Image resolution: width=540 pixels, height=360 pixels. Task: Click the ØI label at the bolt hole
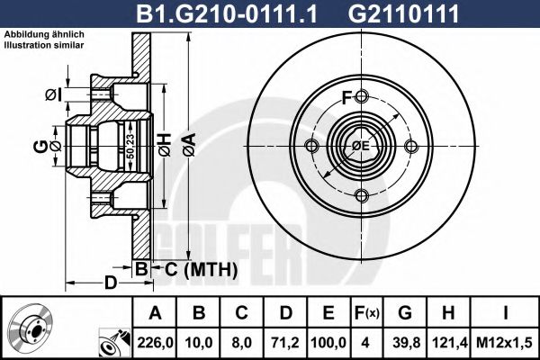coord(52,94)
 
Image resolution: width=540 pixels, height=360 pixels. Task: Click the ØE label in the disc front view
coord(360,147)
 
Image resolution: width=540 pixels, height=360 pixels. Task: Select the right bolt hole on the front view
coord(411,147)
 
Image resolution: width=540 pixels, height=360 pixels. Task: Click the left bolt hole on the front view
coord(311,147)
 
